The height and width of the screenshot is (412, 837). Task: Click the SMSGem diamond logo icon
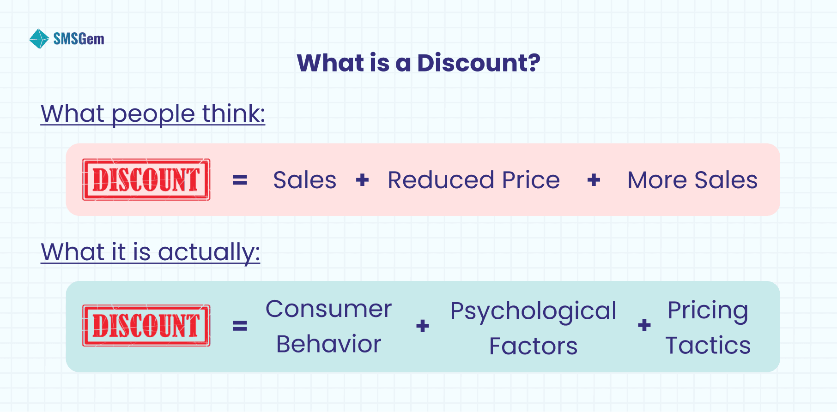(x=39, y=39)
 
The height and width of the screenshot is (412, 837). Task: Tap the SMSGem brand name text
(x=79, y=39)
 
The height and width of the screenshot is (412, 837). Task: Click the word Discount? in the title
(x=479, y=63)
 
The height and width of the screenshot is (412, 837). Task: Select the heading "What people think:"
(x=153, y=113)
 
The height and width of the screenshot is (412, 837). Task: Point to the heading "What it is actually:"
(x=151, y=252)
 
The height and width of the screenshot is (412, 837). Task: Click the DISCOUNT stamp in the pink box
(x=146, y=179)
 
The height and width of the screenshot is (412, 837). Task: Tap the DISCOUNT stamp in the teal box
(x=146, y=325)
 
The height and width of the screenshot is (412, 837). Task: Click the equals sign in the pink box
(x=240, y=180)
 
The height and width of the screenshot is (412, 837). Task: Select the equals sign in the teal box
(x=240, y=326)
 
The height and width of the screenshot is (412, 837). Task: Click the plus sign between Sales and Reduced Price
(x=363, y=180)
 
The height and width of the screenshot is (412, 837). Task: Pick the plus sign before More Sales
(x=594, y=180)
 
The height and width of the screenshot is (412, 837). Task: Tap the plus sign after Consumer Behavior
(x=422, y=326)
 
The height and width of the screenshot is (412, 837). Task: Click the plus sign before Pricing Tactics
(x=644, y=325)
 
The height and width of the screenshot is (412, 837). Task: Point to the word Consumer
(x=328, y=309)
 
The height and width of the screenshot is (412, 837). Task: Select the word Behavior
(x=328, y=344)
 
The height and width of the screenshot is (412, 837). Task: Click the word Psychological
(x=533, y=311)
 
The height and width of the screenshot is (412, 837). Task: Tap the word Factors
(x=533, y=346)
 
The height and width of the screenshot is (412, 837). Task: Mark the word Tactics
(x=708, y=346)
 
